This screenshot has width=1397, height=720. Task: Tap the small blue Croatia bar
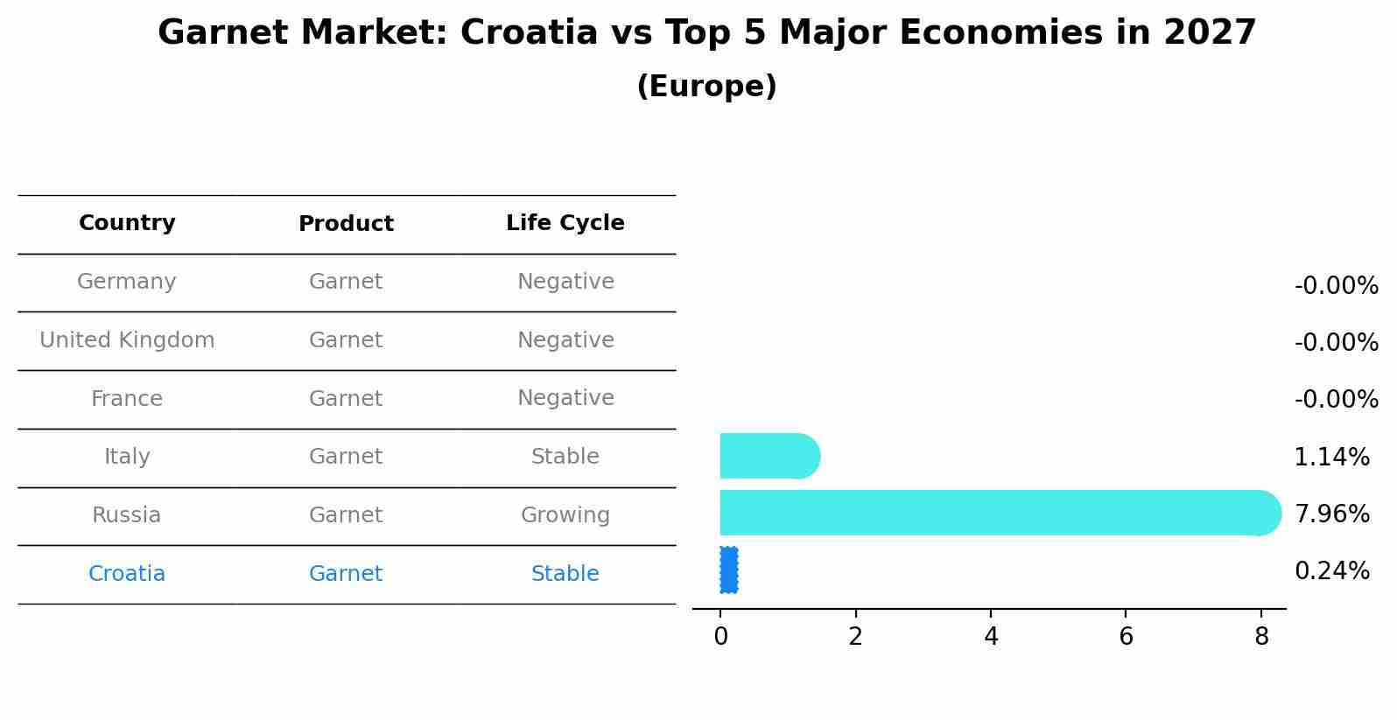tap(728, 570)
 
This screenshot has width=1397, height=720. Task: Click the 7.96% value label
tap(1331, 514)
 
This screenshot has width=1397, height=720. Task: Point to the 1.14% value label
tap(1331, 457)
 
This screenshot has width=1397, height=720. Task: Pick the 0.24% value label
tap(1331, 571)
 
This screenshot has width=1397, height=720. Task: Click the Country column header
tap(127, 223)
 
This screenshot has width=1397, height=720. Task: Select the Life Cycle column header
tap(565, 223)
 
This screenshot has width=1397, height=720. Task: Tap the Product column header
tap(346, 224)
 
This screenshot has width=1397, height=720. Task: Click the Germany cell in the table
tap(127, 282)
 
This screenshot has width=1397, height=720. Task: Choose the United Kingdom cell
tap(127, 340)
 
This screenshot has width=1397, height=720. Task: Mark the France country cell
tap(127, 399)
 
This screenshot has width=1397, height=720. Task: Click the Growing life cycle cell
tap(565, 515)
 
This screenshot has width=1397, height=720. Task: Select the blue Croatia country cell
tap(127, 574)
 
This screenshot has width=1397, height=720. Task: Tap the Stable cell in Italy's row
tap(565, 457)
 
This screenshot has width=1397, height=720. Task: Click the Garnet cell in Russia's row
tap(346, 515)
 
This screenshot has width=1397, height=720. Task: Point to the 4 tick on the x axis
tap(991, 636)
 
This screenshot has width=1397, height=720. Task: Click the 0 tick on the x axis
tap(720, 636)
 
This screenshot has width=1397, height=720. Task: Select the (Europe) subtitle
tap(706, 87)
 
